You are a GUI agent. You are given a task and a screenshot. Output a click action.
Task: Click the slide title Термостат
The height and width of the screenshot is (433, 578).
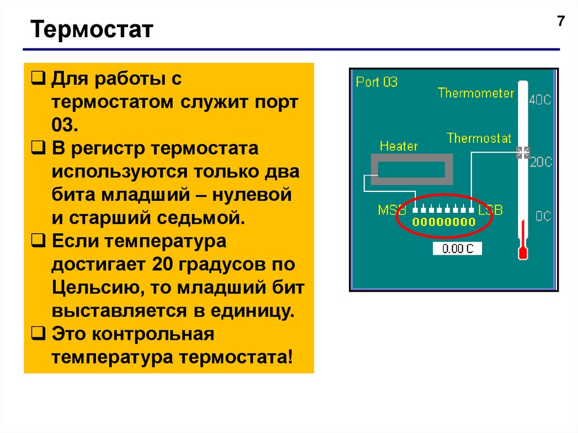click(92, 29)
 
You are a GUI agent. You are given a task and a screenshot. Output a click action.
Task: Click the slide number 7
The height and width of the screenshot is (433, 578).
click(561, 22)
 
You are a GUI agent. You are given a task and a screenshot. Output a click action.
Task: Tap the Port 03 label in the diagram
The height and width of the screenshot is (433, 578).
click(376, 82)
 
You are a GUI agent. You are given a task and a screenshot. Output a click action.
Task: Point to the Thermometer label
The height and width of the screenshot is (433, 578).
click(476, 93)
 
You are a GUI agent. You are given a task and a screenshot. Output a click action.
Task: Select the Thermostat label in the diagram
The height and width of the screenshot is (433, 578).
click(479, 138)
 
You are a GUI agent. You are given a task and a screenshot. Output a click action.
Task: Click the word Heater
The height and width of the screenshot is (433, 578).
click(399, 146)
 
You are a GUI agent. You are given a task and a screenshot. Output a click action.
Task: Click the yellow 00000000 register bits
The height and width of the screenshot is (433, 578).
click(444, 222)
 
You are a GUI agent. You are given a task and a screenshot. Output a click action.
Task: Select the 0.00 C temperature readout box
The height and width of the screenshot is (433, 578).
click(457, 248)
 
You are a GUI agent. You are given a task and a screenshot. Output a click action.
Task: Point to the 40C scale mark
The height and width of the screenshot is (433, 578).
click(540, 100)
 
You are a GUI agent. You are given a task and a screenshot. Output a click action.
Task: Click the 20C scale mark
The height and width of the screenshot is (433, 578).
click(540, 163)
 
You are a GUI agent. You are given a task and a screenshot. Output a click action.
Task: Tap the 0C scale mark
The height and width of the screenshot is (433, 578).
click(542, 216)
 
